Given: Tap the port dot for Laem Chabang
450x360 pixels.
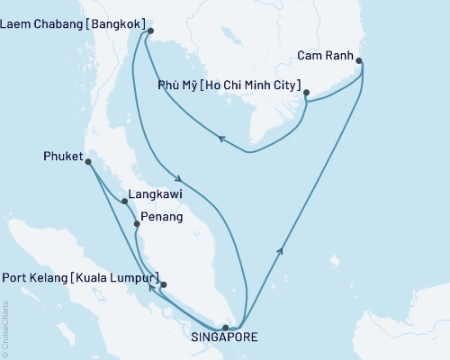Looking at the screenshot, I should (150, 32).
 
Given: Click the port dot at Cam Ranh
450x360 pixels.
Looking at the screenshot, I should (360, 61).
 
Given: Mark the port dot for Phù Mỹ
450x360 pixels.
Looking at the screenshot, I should (307, 93).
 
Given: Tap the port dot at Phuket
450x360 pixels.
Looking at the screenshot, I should (88, 161).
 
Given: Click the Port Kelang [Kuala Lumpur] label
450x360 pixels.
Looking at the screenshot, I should (82, 276).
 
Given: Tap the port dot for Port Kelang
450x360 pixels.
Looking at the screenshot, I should (164, 284).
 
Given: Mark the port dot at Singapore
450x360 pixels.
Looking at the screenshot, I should (225, 328).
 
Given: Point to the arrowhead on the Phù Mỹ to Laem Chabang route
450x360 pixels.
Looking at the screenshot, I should (221, 137).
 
